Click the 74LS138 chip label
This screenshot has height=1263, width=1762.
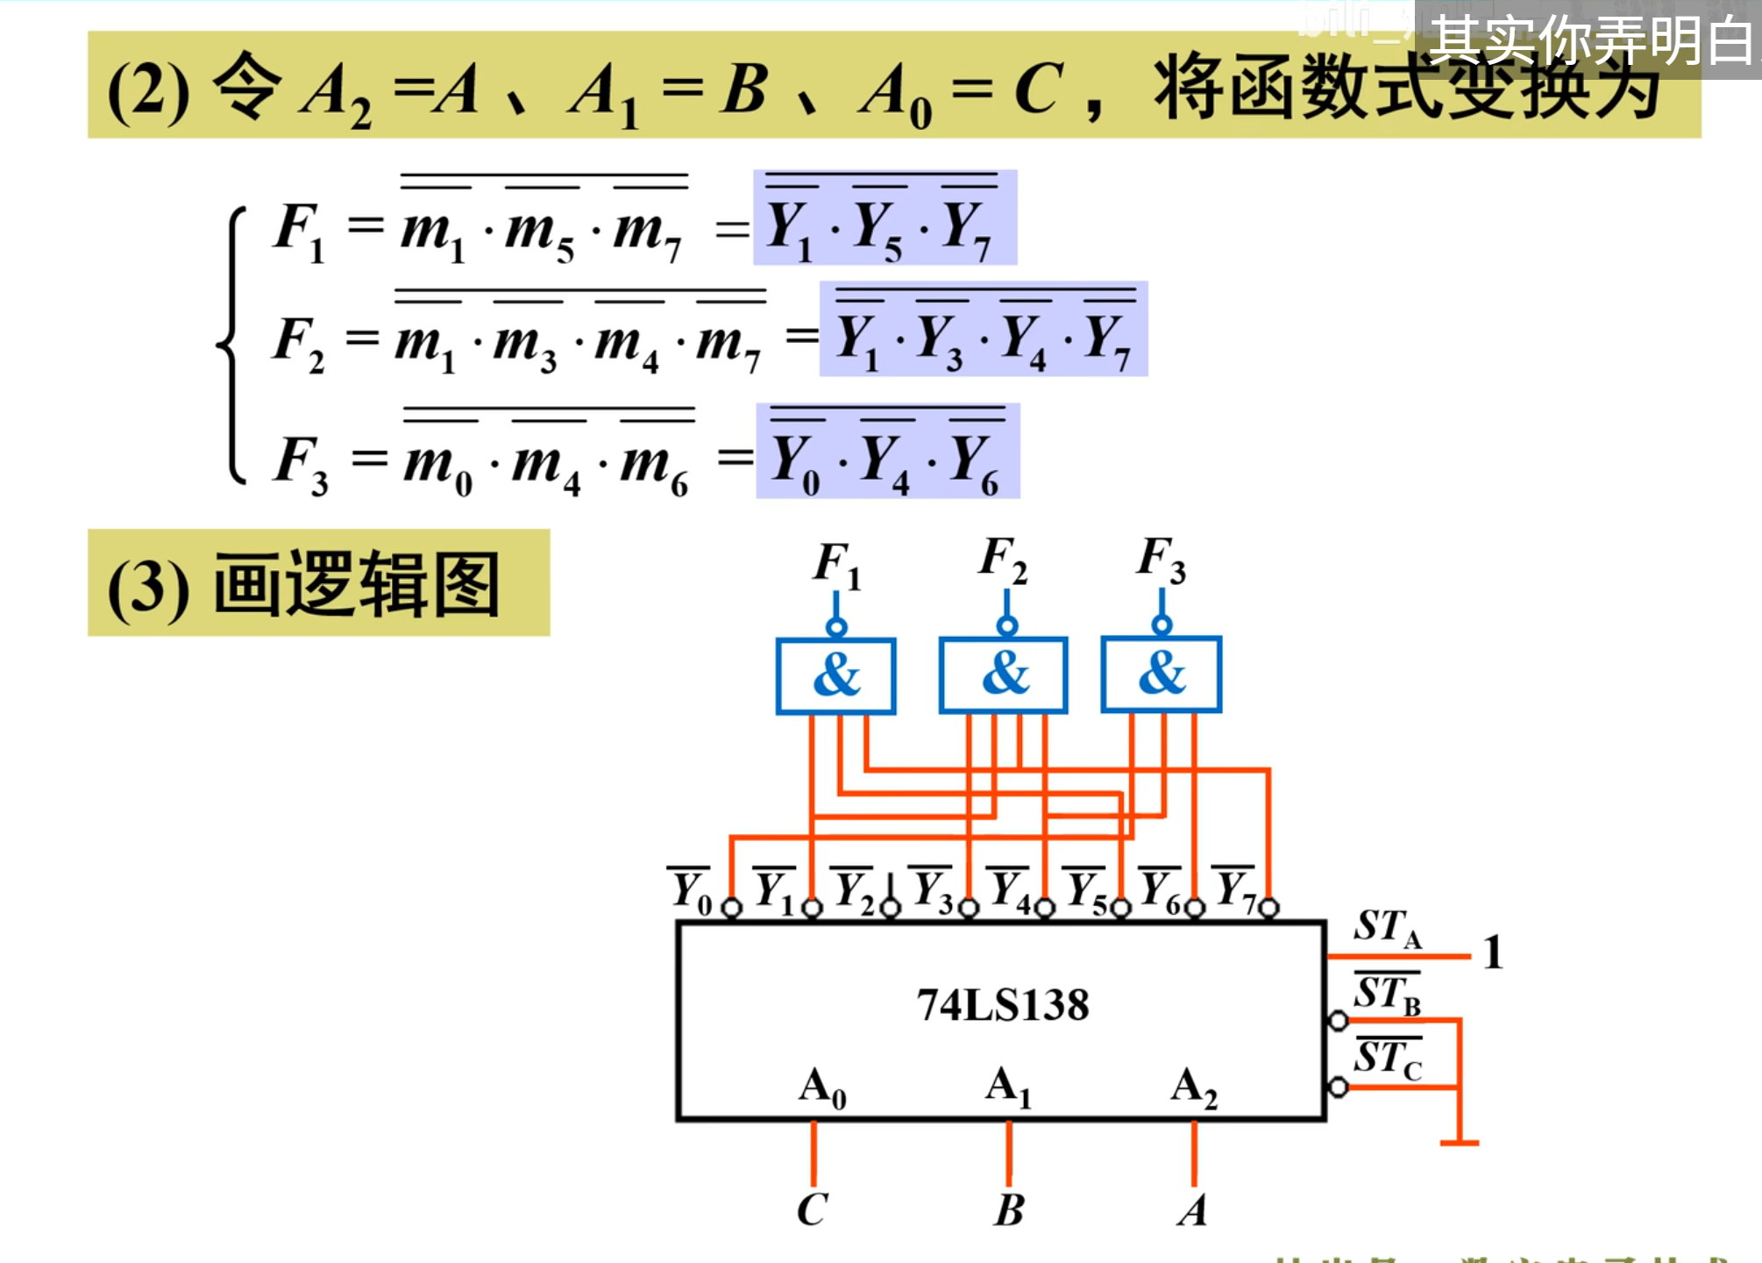1003,1005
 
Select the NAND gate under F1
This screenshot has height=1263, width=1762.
835,675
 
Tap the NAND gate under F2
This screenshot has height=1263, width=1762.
1003,674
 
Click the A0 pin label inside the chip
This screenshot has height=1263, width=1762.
822,1088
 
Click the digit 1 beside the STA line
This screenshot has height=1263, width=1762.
1493,953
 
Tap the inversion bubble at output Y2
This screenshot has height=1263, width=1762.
890,909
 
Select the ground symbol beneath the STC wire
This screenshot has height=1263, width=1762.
1460,1142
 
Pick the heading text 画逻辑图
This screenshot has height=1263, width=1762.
356,584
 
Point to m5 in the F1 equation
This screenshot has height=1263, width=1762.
540,232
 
